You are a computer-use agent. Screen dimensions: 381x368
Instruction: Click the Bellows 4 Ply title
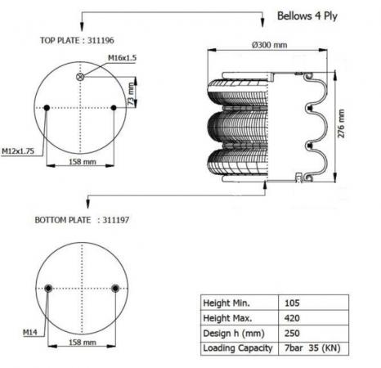click(307, 16)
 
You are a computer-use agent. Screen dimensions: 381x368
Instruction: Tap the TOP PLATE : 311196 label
click(77, 41)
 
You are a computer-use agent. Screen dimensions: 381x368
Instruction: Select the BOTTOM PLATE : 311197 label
click(82, 220)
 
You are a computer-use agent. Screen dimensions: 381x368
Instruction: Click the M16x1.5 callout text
click(122, 58)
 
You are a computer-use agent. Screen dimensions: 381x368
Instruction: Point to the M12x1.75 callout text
click(18, 151)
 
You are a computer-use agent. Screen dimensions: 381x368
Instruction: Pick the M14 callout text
click(30, 332)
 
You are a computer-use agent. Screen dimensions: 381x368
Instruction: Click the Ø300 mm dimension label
click(269, 45)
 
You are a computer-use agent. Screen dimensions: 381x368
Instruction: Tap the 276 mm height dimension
click(341, 123)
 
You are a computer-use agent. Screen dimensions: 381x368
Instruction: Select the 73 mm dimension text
click(131, 94)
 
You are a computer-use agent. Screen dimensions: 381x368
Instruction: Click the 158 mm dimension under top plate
click(83, 162)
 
